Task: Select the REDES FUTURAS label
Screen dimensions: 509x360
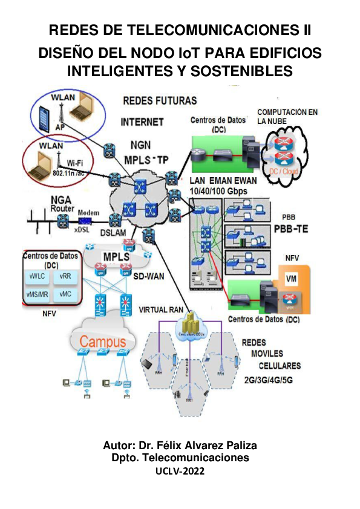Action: (x=159, y=100)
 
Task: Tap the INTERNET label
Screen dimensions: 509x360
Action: (x=142, y=122)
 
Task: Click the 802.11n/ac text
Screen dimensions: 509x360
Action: (x=67, y=173)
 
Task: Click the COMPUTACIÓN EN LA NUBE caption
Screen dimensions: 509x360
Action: (x=287, y=117)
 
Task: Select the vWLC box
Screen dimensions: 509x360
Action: (x=38, y=276)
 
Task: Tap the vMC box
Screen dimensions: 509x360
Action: (x=65, y=294)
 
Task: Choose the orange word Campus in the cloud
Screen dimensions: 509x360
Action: (x=103, y=342)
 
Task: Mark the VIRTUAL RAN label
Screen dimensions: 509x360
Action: (x=160, y=309)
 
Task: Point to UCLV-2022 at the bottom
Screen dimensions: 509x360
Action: (x=180, y=471)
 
